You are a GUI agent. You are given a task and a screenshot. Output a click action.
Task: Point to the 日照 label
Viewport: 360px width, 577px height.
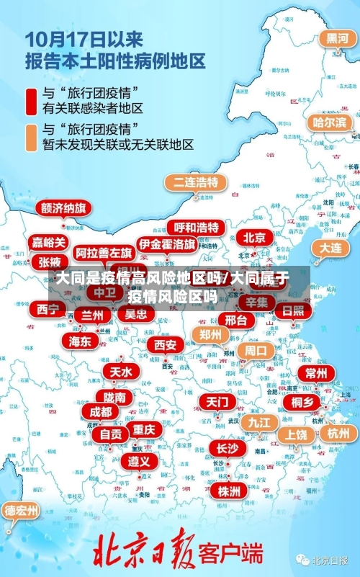[x=292, y=310]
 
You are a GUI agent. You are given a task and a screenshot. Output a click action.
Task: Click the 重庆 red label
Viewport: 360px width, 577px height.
[x=144, y=429]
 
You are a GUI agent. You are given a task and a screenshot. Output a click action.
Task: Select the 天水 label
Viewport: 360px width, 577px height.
[x=120, y=372]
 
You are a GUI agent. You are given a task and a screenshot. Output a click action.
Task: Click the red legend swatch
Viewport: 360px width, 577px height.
[x=32, y=101]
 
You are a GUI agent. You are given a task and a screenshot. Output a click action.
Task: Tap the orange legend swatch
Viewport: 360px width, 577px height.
[x=32, y=137]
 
